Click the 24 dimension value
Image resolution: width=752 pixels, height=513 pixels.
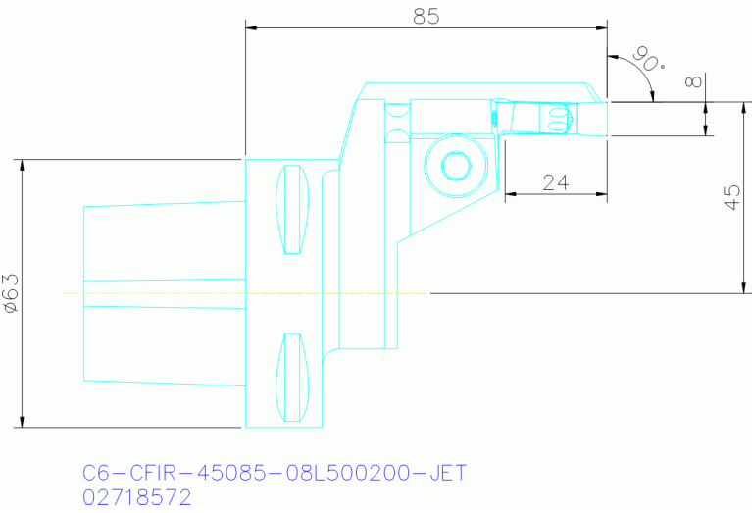tap(556, 182)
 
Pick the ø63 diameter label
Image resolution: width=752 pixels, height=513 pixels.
tap(11, 292)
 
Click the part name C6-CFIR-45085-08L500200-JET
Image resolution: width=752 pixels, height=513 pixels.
tap(275, 473)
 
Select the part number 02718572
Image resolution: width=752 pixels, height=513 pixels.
tap(137, 497)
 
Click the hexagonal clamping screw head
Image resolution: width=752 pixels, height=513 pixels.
tap(454, 166)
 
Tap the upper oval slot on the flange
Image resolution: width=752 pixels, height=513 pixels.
tap(291, 210)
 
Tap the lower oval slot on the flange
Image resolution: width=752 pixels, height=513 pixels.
tap(291, 377)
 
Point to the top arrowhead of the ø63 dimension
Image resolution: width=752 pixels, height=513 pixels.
tap(22, 165)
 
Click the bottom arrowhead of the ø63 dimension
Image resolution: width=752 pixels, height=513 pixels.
tap(22, 421)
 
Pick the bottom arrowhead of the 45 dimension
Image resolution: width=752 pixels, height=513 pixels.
tap(739, 286)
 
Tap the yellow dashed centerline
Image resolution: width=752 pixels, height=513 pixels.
tap(245, 292)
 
